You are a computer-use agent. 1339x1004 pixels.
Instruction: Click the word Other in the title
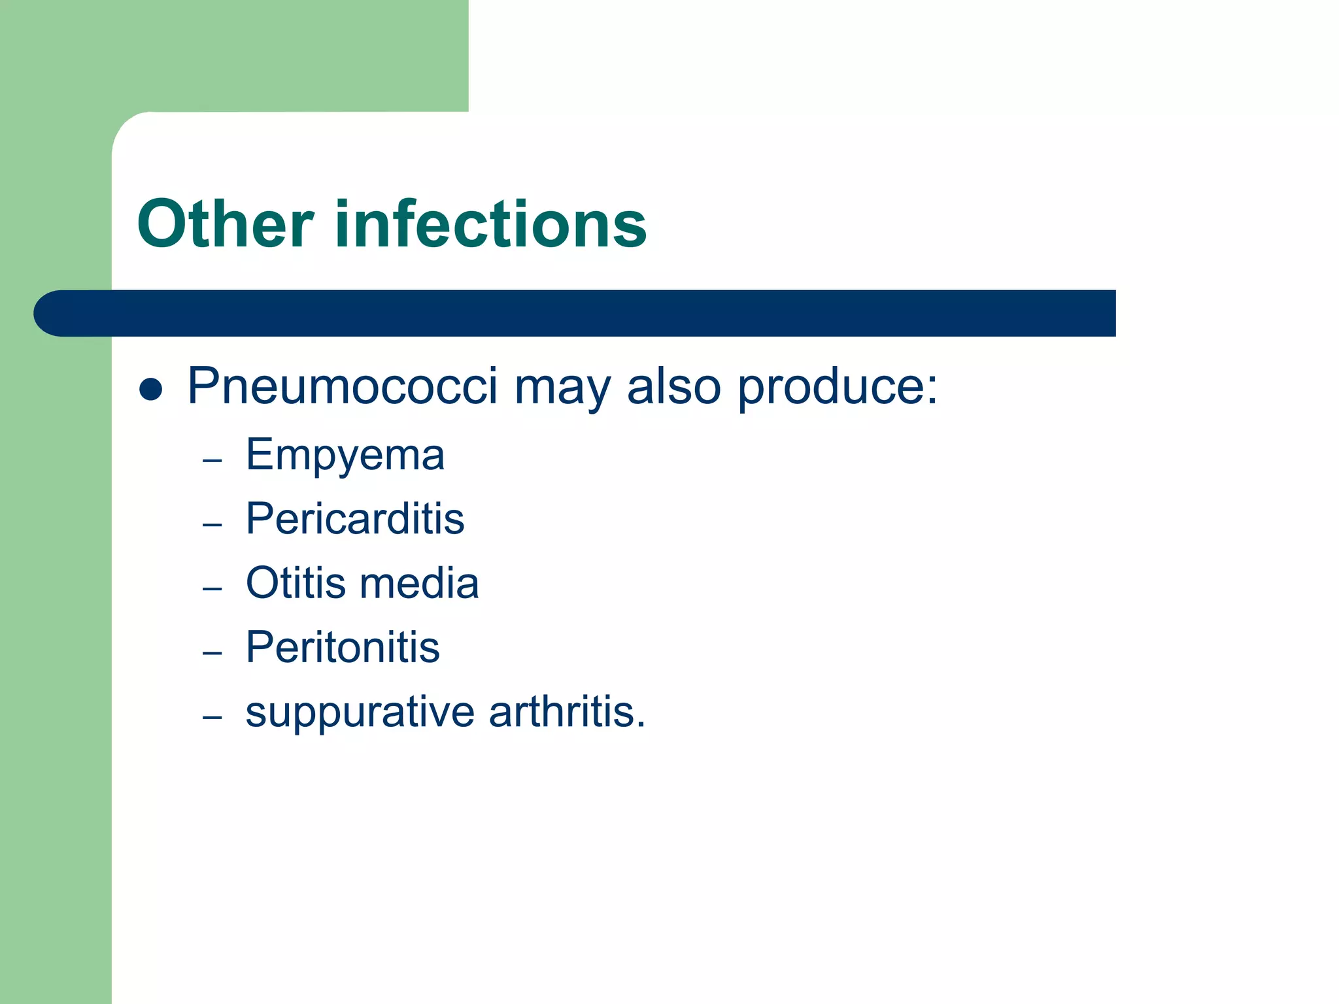click(x=225, y=224)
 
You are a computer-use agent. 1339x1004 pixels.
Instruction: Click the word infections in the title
click(x=490, y=224)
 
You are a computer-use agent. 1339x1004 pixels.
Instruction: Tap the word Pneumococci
click(x=343, y=386)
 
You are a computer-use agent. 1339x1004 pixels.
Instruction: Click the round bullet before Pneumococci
click(x=151, y=389)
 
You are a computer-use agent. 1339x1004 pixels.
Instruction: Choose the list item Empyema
click(x=345, y=456)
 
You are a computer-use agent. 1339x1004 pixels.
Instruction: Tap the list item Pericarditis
click(x=355, y=519)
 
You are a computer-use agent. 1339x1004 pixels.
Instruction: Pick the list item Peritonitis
click(x=343, y=647)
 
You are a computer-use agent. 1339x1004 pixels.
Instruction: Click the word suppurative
click(x=360, y=712)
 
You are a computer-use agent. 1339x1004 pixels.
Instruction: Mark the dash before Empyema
click(x=212, y=461)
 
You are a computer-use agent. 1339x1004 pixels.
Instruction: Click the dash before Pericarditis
click(x=212, y=525)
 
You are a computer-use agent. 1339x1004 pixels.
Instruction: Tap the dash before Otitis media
click(x=212, y=589)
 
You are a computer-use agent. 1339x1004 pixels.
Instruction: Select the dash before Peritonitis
click(x=212, y=653)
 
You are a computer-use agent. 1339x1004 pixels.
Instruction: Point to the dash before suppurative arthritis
click(x=212, y=717)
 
